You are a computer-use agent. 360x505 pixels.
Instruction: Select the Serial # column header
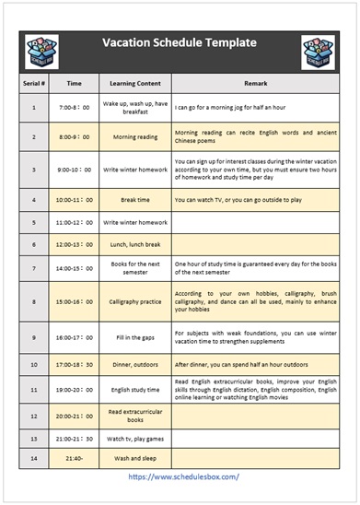tap(33, 82)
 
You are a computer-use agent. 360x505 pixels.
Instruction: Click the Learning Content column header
tap(134, 82)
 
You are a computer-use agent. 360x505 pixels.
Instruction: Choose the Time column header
tap(75, 82)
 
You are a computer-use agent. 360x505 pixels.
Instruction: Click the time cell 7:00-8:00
tap(75, 108)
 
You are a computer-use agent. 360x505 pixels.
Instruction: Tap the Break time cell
tap(134, 198)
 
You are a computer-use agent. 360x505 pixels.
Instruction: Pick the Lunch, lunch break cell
tap(134, 244)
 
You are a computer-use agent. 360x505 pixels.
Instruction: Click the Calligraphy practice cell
tap(134, 300)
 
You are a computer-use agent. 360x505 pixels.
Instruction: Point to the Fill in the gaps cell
tap(134, 337)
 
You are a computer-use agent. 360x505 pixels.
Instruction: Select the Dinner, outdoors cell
tap(134, 364)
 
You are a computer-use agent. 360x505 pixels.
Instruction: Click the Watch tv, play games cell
tap(134, 438)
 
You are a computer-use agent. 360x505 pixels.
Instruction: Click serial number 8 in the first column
tap(33, 300)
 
